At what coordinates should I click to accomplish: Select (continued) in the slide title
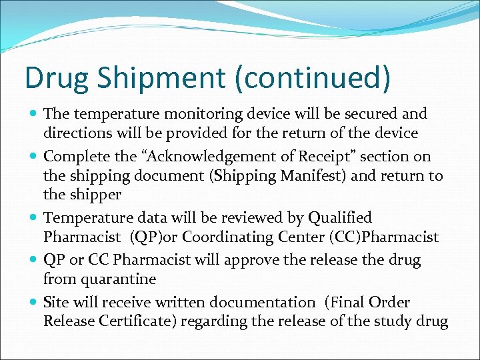[x=312, y=77]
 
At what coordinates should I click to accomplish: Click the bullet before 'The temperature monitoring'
[x=33, y=114]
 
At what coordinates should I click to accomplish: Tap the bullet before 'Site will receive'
[x=33, y=302]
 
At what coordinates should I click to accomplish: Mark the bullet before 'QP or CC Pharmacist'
[x=33, y=260]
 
